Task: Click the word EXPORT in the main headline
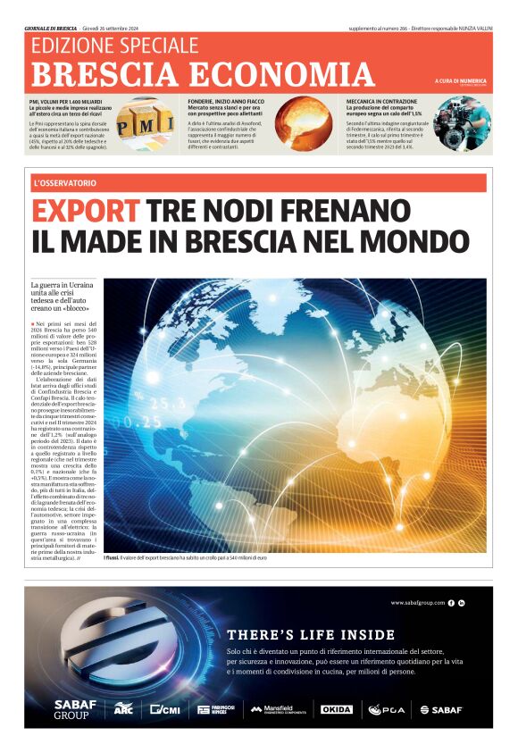pyautogui.click(x=85, y=212)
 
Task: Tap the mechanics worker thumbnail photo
pyautogui.click(x=461, y=122)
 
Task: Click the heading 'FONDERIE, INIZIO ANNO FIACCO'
pyautogui.click(x=225, y=102)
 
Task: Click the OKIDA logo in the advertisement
pyautogui.click(x=337, y=709)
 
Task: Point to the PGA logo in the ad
pyautogui.click(x=388, y=709)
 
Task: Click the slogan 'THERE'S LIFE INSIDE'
pyautogui.click(x=311, y=634)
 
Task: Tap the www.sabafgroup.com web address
pyautogui.click(x=417, y=603)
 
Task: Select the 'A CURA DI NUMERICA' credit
pyautogui.click(x=461, y=81)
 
